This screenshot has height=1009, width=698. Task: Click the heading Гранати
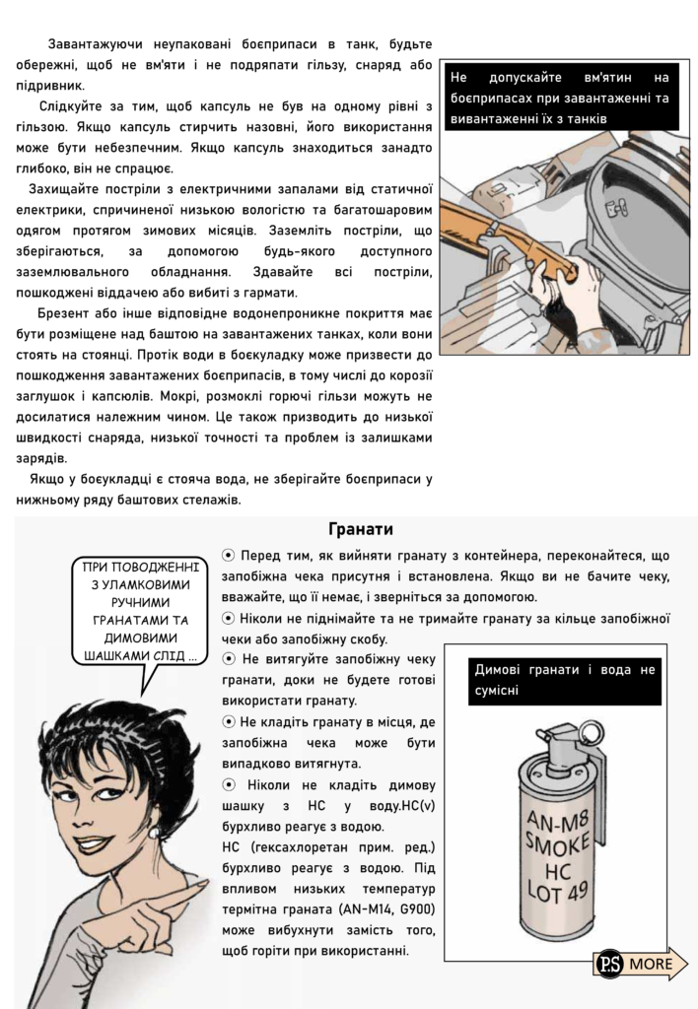tap(360, 529)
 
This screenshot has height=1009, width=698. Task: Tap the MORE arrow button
tap(652, 963)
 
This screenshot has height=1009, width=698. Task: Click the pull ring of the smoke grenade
tap(591, 734)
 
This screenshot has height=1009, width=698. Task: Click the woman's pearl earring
tap(154, 832)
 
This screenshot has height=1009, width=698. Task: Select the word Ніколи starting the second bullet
tap(263, 619)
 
